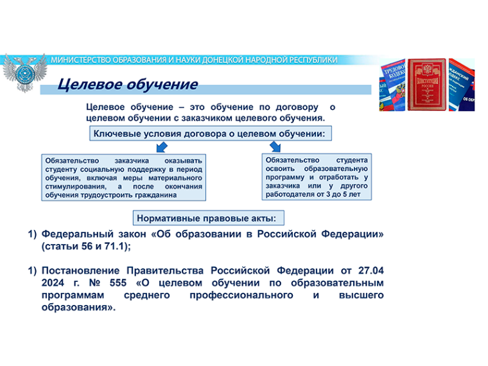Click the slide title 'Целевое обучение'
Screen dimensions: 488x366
[x=128, y=84]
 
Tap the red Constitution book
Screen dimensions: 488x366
[x=426, y=84]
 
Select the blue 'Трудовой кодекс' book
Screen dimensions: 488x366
[x=393, y=85]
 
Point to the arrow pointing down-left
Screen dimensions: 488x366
[x=162, y=147]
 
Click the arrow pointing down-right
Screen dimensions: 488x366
[x=275, y=146]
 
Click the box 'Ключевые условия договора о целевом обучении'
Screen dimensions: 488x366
[x=211, y=134]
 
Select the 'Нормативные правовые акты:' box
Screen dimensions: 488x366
[x=209, y=218]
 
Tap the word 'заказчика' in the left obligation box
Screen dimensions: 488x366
[x=132, y=161]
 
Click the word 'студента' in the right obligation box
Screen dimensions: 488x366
[x=352, y=160]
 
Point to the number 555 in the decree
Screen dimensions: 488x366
[x=118, y=283]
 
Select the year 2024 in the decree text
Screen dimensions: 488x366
[x=53, y=283]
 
